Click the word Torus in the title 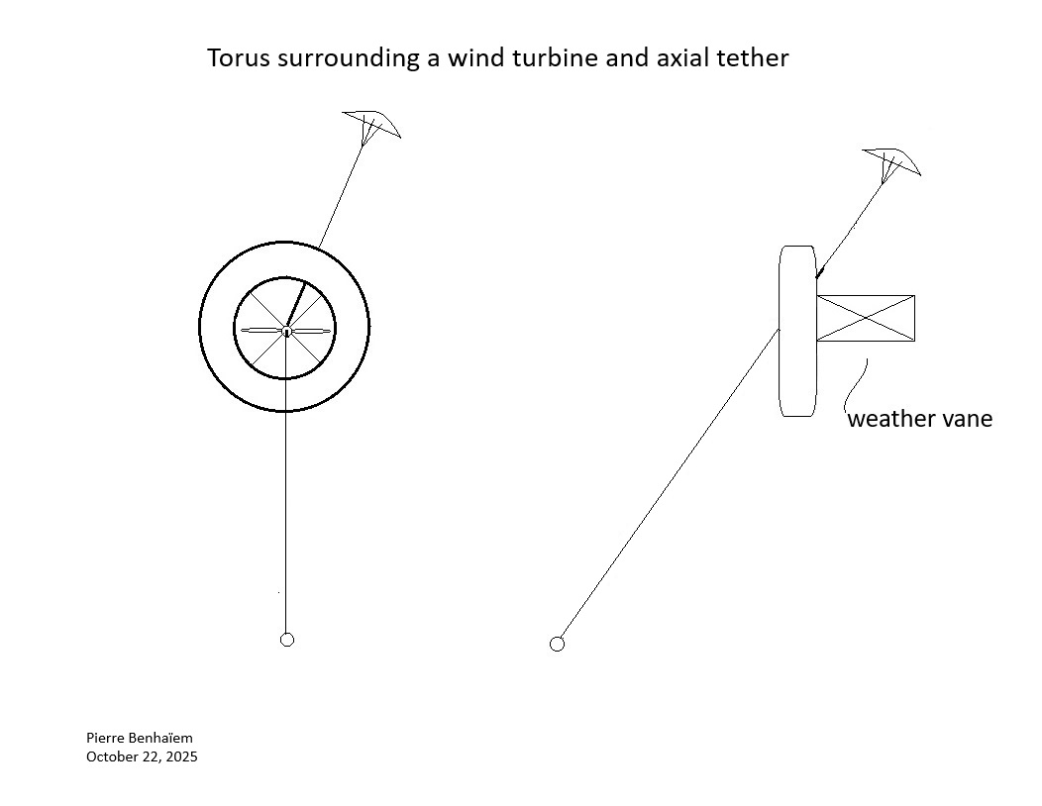tap(239, 57)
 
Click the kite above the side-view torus tap(891, 163)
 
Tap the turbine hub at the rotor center tap(285, 331)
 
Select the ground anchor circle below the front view tap(287, 640)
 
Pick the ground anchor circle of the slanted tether tap(557, 644)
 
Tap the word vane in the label tap(968, 419)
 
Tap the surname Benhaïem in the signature tap(161, 738)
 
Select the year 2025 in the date tap(182, 756)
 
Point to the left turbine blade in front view tap(261, 331)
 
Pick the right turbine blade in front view tap(310, 331)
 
